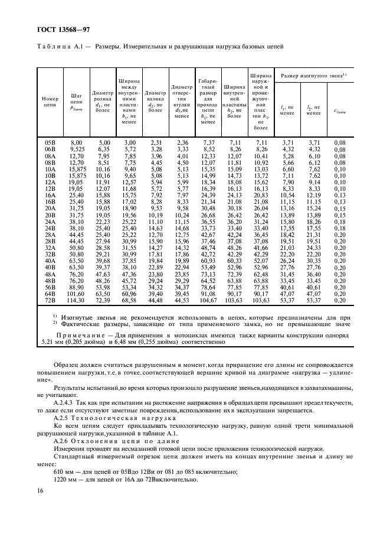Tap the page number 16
pyautogui.click(x=40, y=491)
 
